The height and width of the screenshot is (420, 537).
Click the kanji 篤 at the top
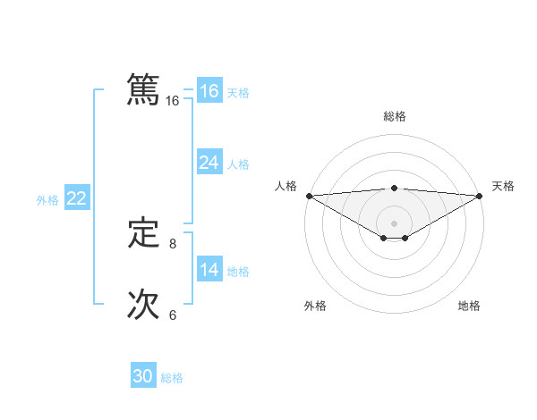[143, 90]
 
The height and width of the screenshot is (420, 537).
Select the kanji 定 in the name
[143, 234]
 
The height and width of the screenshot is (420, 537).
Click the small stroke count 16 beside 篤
[173, 101]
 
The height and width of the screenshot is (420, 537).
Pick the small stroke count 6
[173, 315]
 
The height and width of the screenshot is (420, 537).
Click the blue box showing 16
[209, 91]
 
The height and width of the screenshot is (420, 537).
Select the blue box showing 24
[209, 163]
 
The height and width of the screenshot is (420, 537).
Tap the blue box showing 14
[209, 270]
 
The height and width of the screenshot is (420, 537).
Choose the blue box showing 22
[76, 198]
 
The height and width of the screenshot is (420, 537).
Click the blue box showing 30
[143, 376]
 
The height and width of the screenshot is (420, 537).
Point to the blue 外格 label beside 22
[47, 200]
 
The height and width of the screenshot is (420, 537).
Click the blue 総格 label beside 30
[172, 378]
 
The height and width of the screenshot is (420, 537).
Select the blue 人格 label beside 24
[238, 164]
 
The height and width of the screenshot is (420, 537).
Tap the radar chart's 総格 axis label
[394, 116]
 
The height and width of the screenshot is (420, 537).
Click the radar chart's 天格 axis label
[503, 186]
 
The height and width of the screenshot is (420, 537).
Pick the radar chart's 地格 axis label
[469, 306]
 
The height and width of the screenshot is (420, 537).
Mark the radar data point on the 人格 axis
[309, 195]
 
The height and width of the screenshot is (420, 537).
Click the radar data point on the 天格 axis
[480, 195]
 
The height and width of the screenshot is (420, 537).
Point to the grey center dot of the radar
[394, 223]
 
